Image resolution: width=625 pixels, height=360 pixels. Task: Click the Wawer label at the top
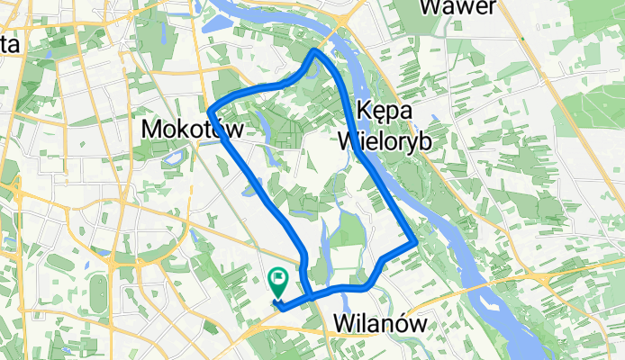click(458, 9)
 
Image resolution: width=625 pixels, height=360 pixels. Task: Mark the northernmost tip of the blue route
click(313, 51)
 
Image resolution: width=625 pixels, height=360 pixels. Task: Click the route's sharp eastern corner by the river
click(414, 242)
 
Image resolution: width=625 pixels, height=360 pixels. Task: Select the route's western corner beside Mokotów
click(210, 111)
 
